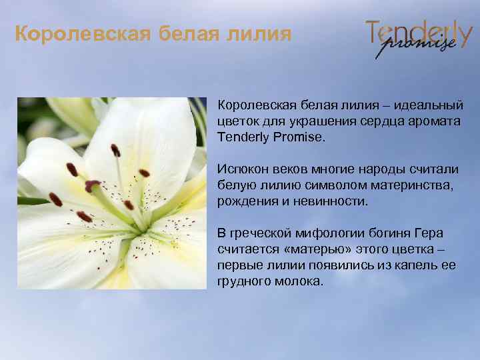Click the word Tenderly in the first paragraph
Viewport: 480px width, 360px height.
tap(243, 137)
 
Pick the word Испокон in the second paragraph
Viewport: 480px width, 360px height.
tap(241, 169)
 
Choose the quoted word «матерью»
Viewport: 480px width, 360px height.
tap(309, 249)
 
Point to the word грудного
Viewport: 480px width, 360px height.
tap(242, 281)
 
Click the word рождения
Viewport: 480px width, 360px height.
tap(245, 201)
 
